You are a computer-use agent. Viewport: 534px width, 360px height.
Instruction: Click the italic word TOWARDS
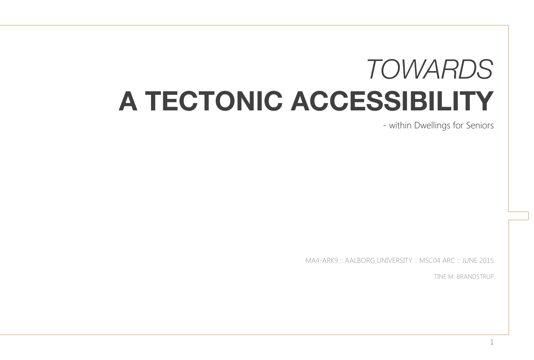pyautogui.click(x=429, y=69)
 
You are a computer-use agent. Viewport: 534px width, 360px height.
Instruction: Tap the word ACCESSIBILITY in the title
pyautogui.click(x=392, y=101)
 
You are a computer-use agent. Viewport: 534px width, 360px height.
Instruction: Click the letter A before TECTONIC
pyautogui.click(x=128, y=101)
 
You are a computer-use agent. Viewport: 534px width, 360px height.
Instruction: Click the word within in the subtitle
pyautogui.click(x=400, y=125)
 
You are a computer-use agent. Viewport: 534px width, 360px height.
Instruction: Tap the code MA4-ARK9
pyautogui.click(x=322, y=260)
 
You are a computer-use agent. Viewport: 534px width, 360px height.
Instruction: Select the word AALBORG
pyautogui.click(x=360, y=260)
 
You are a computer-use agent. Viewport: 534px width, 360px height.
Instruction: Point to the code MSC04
pyautogui.click(x=430, y=260)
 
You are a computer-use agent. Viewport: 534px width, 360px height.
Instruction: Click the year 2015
pyautogui.click(x=486, y=260)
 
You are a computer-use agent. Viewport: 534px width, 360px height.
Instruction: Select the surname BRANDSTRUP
pyautogui.click(x=475, y=277)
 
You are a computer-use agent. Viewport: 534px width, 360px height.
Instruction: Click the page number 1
pyautogui.click(x=492, y=342)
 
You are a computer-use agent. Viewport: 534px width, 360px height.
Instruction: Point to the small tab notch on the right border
pyautogui.click(x=528, y=216)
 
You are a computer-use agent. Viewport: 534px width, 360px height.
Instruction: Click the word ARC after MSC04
pyautogui.click(x=449, y=260)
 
